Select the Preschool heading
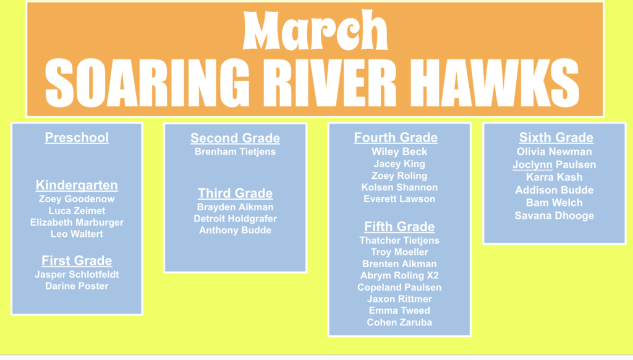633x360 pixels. pyautogui.click(x=77, y=137)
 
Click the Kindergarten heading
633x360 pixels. pyautogui.click(x=77, y=186)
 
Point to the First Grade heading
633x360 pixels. pyautogui.click(x=77, y=261)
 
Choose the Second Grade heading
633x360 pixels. pyautogui.click(x=235, y=139)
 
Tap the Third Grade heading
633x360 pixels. pyautogui.click(x=235, y=193)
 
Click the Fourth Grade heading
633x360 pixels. pyautogui.click(x=396, y=137)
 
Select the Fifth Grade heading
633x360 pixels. pyautogui.click(x=399, y=226)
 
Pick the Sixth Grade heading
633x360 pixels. pyautogui.click(x=556, y=137)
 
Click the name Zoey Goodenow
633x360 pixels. pyautogui.click(x=77, y=199)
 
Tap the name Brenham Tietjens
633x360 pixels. pyautogui.click(x=235, y=152)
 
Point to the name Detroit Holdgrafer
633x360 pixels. pyautogui.click(x=235, y=218)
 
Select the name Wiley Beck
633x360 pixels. pyautogui.click(x=399, y=152)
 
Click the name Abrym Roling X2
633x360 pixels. pyautogui.click(x=399, y=275)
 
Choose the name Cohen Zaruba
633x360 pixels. pyautogui.click(x=399, y=322)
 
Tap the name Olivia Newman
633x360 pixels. pyautogui.click(x=554, y=152)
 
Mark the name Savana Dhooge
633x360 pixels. pyautogui.click(x=554, y=216)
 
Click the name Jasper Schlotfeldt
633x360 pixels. pyautogui.click(x=77, y=274)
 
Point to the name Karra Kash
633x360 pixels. pyautogui.click(x=554, y=177)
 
